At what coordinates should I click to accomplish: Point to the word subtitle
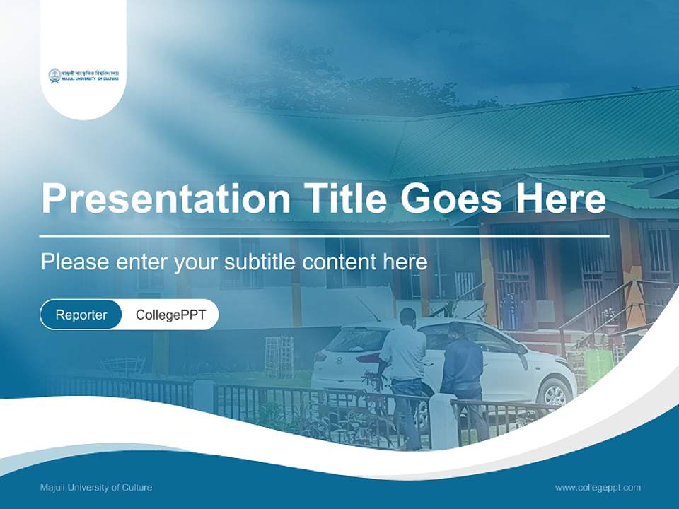coord(260,262)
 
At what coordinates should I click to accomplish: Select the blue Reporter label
coord(81,315)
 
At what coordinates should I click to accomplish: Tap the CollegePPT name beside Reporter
coord(170,315)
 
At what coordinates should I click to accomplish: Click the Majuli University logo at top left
coord(83,76)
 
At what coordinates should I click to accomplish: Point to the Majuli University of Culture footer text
coord(96,487)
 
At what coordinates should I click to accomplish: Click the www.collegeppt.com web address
coord(598,487)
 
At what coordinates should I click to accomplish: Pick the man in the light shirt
coord(404,361)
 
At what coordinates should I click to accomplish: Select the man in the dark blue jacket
coord(463,368)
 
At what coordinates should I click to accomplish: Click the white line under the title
coord(324,235)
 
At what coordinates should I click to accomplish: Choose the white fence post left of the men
coord(204,397)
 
